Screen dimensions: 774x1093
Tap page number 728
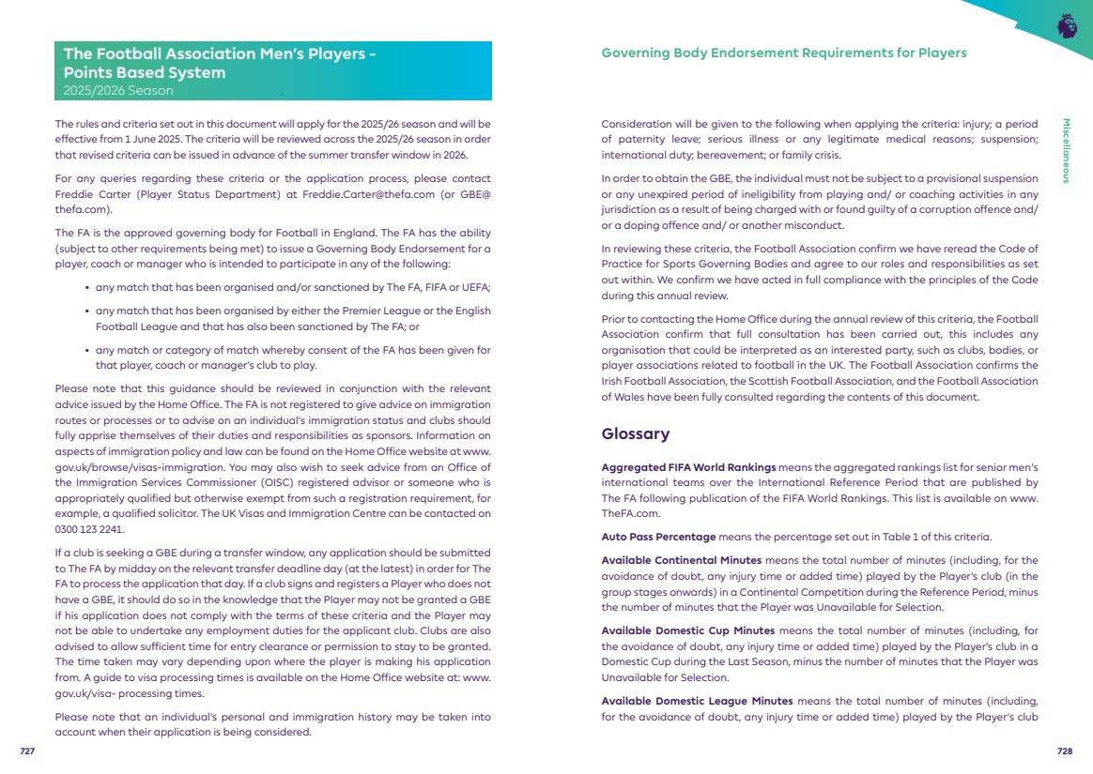click(x=1065, y=751)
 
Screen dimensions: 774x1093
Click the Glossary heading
click(x=635, y=434)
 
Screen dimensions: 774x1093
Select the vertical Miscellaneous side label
click(x=1067, y=151)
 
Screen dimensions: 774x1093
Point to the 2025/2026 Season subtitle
click(x=117, y=91)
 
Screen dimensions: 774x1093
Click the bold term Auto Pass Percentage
click(x=658, y=537)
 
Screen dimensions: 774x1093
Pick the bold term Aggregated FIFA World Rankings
click(x=688, y=466)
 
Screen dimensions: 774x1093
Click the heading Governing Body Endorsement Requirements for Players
click(x=783, y=53)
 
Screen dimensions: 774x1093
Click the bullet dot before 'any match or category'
click(x=87, y=351)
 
